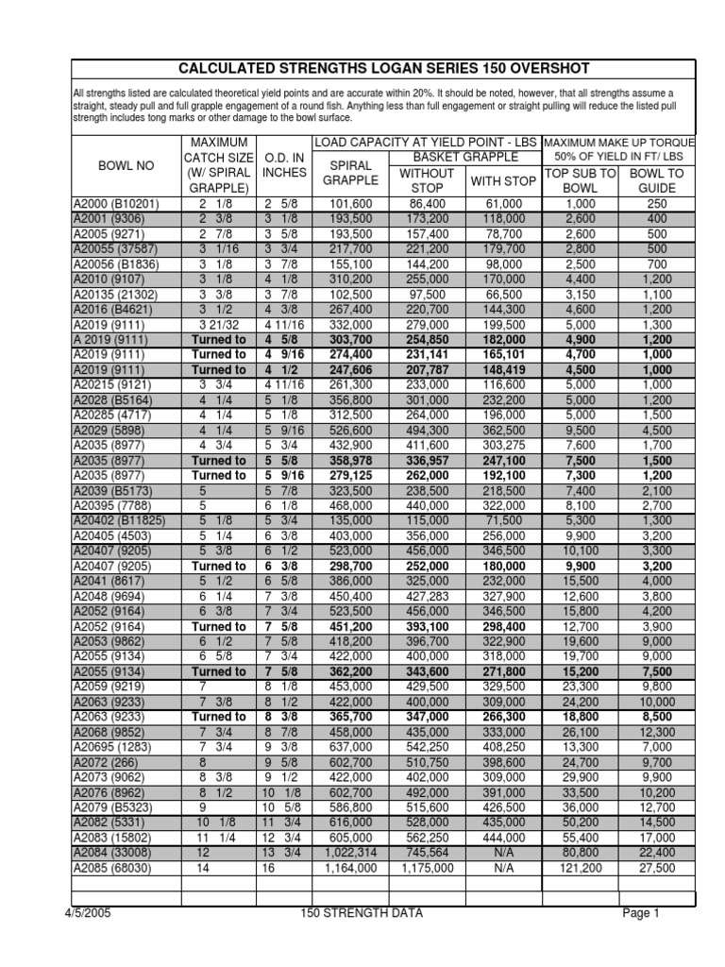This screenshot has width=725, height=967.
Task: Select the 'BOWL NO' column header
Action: pyautogui.click(x=126, y=165)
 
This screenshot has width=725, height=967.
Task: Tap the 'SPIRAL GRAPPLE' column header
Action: pyautogui.click(x=350, y=172)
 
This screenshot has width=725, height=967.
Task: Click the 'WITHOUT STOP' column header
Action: pyautogui.click(x=427, y=180)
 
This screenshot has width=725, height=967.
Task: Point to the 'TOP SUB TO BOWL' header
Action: pyautogui.click(x=581, y=180)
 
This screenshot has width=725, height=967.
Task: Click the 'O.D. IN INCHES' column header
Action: pyautogui.click(x=283, y=165)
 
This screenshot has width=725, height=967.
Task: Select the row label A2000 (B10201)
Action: pyautogui.click(x=116, y=204)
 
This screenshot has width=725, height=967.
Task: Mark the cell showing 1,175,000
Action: pyautogui.click(x=427, y=868)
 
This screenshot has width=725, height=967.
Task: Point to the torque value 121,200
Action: pyautogui.click(x=581, y=868)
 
